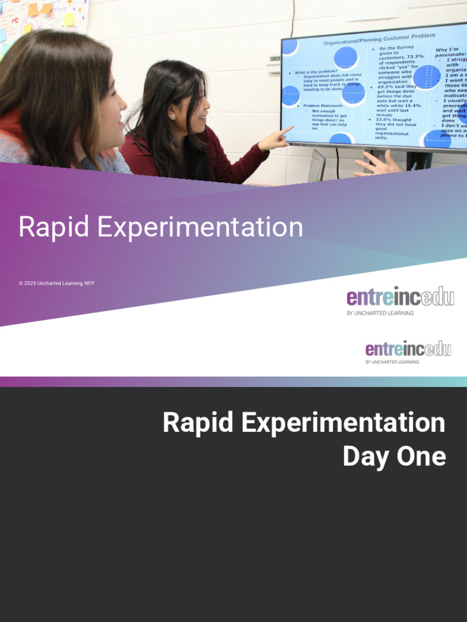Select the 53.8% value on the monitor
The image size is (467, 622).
(386, 120)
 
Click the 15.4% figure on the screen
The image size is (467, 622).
(410, 106)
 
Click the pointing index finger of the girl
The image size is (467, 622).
(288, 129)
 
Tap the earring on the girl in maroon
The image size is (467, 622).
(173, 117)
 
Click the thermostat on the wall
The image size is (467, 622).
(274, 63)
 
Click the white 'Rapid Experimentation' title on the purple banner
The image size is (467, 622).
(161, 227)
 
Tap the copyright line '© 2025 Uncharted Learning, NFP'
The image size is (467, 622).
(57, 283)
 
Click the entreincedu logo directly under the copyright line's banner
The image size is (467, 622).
(400, 298)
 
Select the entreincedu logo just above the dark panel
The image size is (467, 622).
(408, 349)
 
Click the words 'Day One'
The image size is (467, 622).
(394, 457)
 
